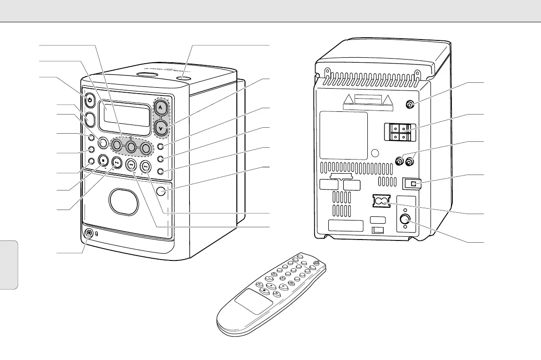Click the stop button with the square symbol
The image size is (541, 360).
(x=103, y=160)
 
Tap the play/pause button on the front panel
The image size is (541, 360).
(x=117, y=162)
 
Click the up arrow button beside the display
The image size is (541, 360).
(x=160, y=109)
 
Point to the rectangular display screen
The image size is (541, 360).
(x=127, y=114)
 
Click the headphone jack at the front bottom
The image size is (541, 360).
(x=89, y=234)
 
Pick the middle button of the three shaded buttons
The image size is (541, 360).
(x=131, y=146)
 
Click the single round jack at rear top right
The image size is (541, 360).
(x=410, y=105)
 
